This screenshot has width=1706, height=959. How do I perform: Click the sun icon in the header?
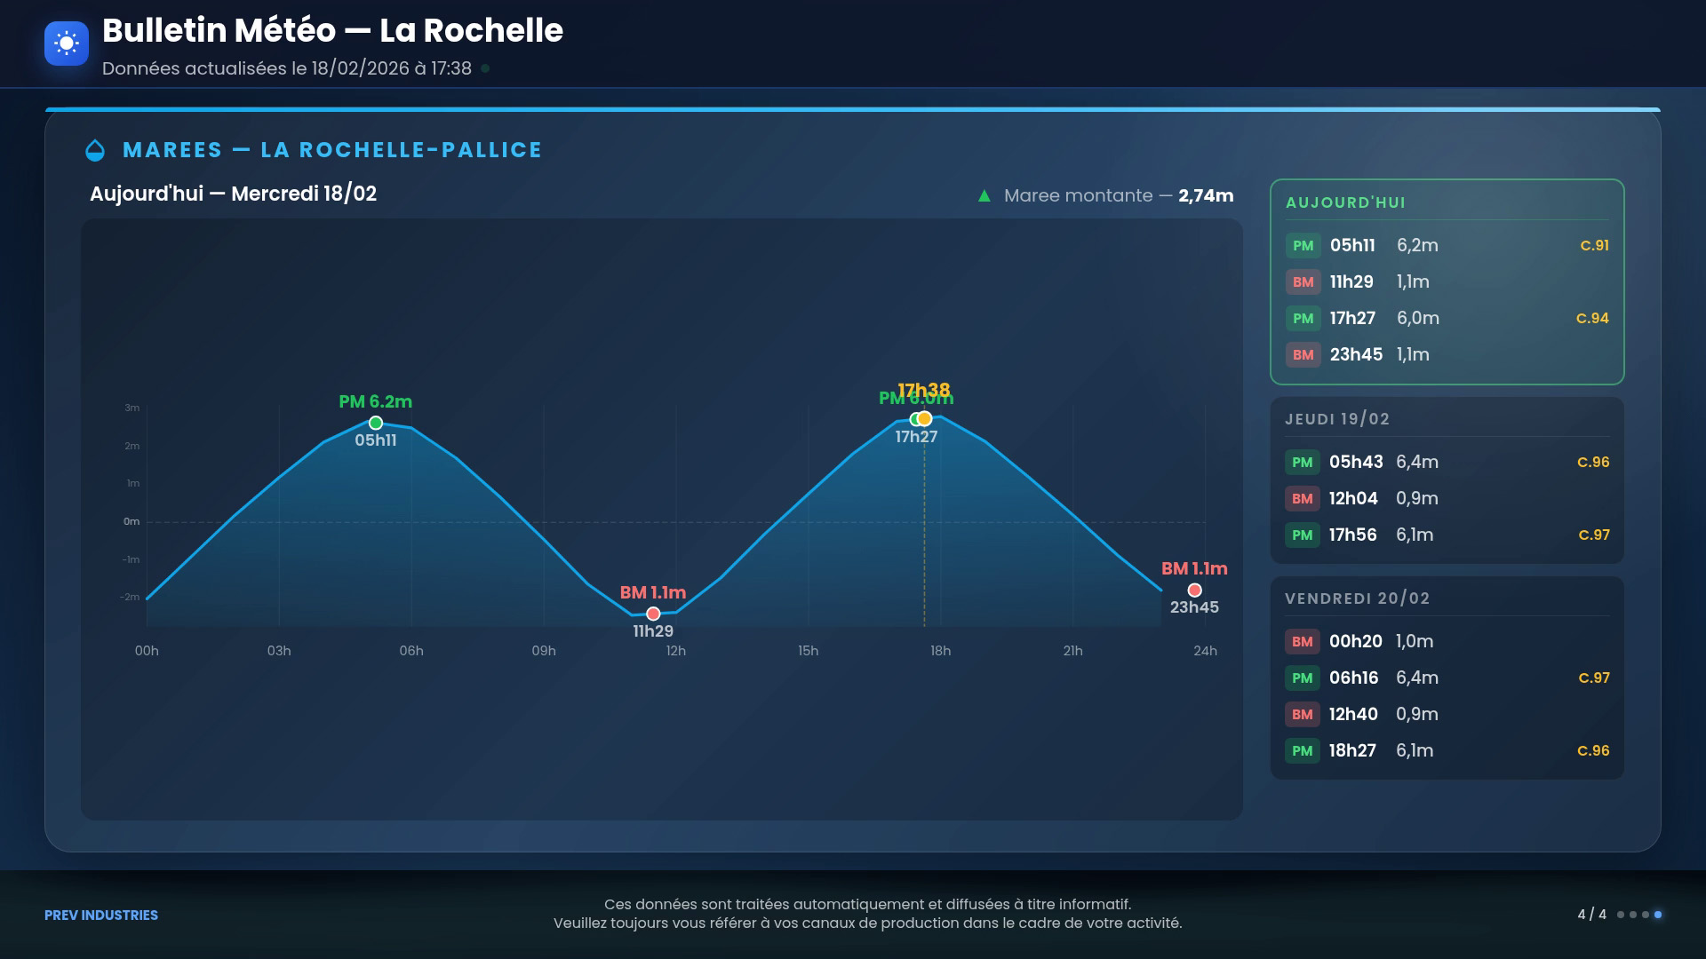67,43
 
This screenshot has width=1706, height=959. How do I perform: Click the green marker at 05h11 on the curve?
376,423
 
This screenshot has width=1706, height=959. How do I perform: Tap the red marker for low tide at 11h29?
653,614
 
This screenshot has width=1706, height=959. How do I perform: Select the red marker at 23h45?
1194,590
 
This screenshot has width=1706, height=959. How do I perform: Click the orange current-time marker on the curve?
925,418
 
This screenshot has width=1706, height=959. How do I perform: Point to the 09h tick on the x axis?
544,651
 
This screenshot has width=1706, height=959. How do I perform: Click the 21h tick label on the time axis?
1072,651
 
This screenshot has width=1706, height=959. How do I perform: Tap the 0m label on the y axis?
132,521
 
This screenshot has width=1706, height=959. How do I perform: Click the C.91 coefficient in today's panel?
1594,245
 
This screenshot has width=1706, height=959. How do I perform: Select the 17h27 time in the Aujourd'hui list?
1352,318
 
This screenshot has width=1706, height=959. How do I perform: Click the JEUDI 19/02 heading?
1337,419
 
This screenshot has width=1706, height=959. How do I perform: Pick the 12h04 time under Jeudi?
1353,498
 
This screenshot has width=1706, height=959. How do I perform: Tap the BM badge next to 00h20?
1302,641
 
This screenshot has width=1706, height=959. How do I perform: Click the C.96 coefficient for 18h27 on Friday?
1593,750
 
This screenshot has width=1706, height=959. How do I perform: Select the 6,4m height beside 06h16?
1417,678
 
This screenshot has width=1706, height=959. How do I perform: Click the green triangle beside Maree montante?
985,195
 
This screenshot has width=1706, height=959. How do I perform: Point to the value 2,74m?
1206,195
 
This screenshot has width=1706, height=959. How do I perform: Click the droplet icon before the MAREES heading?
95,151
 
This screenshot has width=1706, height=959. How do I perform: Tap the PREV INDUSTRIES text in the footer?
101,915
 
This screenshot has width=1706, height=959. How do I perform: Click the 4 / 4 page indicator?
1591,914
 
